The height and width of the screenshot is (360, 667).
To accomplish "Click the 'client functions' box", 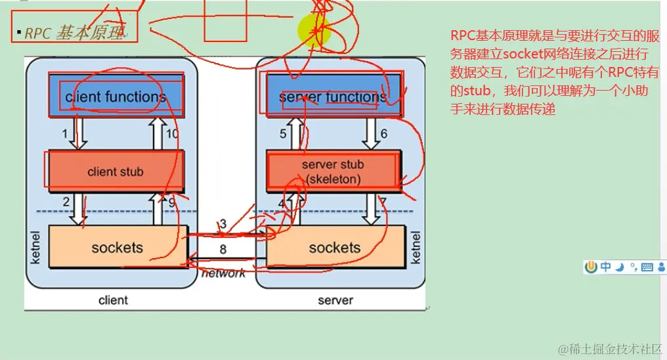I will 116,97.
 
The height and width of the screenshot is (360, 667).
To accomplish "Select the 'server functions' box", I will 332,97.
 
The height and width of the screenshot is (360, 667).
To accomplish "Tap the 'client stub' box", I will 116,171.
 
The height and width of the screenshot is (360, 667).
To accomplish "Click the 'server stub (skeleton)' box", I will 332,171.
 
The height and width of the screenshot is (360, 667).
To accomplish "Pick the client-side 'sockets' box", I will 117,248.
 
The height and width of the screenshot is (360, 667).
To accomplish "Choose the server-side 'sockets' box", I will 335,248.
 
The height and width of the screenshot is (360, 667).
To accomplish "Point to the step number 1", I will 65,134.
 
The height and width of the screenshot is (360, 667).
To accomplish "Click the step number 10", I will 171,134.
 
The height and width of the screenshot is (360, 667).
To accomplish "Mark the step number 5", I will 283,134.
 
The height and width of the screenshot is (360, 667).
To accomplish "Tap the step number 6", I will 384,134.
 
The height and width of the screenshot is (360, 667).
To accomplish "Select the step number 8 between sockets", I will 223,250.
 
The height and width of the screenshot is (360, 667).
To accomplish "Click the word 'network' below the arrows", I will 223,273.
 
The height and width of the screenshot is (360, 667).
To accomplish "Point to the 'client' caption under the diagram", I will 113,300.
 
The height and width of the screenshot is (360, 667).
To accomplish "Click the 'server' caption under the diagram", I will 335,300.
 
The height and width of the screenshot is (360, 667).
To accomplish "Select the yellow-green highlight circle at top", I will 312,30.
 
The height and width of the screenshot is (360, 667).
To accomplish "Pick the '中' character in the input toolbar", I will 605,267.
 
